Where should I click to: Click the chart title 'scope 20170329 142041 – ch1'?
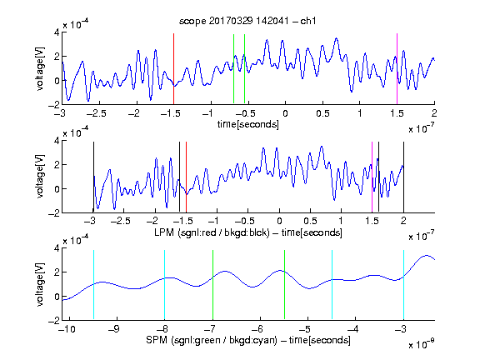click(x=247, y=21)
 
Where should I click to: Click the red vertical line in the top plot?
click(x=173, y=69)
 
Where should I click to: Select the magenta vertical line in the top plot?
click(x=397, y=69)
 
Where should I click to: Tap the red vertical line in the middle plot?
click(x=186, y=177)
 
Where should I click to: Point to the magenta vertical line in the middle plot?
click(x=372, y=177)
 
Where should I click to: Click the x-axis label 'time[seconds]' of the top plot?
click(x=248, y=124)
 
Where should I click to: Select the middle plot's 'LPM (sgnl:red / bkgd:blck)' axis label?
click(x=212, y=232)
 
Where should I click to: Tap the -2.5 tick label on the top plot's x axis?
click(x=96, y=113)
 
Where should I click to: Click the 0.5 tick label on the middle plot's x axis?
click(x=310, y=221)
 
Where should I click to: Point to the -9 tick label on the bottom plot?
click(x=114, y=329)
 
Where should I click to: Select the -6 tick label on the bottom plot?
click(x=259, y=329)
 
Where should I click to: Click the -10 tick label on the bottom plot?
click(x=67, y=329)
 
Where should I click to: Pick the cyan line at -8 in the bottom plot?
click(x=165, y=285)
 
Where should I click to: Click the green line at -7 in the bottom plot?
click(x=212, y=285)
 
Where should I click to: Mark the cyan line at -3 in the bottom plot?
click(x=403, y=285)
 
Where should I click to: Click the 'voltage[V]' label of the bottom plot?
click(x=40, y=285)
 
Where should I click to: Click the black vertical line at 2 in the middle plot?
click(x=403, y=177)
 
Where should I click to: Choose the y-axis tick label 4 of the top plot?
click(x=57, y=32)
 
